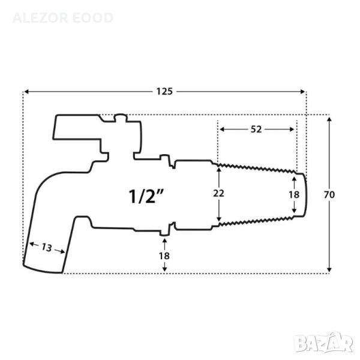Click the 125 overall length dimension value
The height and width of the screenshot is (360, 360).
[164, 92]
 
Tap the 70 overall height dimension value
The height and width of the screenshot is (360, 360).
[329, 195]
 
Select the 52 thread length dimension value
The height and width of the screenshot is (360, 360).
[256, 130]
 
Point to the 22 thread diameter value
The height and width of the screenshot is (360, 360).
[218, 194]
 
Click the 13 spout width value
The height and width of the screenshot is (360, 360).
[47, 248]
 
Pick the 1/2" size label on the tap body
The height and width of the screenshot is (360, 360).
[146, 196]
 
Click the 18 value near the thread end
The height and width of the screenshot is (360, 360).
[294, 194]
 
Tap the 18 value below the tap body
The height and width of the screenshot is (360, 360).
[164, 256]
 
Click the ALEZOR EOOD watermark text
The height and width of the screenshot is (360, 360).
[62, 18]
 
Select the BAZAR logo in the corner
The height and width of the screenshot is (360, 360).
[324, 344]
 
